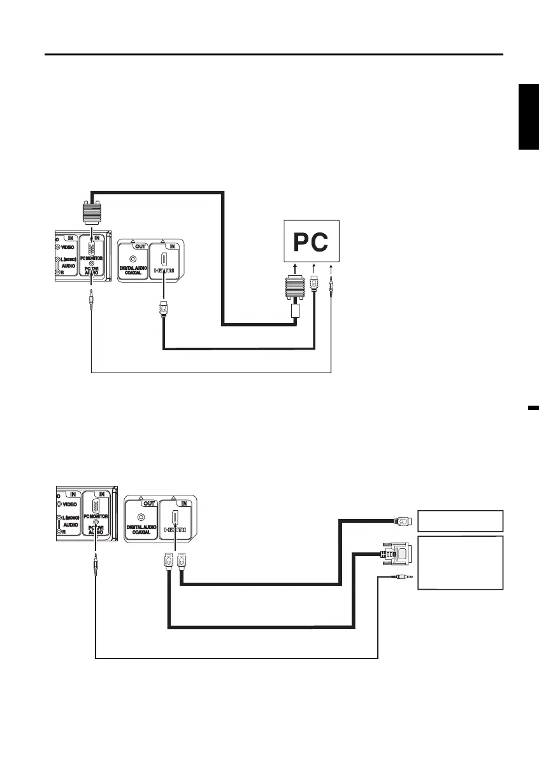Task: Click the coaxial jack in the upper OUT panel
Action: tap(133, 259)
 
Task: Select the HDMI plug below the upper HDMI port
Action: tap(164, 313)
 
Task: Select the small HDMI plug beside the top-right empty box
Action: tap(404, 521)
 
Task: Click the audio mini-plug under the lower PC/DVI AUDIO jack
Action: tap(95, 563)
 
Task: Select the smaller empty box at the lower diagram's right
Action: tap(460, 521)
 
